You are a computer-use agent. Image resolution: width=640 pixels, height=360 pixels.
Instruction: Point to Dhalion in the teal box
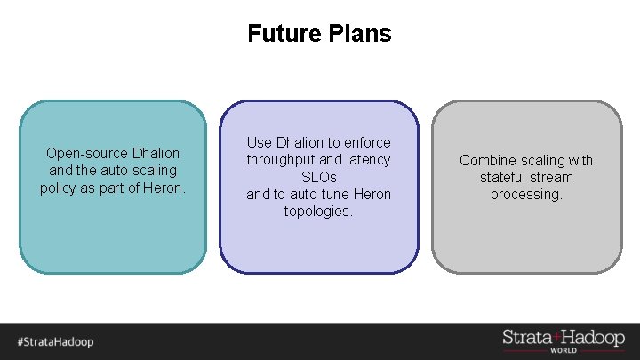pos(156,153)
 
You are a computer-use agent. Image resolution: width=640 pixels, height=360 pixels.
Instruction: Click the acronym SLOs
pos(319,177)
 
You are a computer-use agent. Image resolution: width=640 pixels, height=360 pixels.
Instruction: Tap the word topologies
pos(319,212)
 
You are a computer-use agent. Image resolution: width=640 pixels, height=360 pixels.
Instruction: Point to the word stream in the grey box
pos(555,177)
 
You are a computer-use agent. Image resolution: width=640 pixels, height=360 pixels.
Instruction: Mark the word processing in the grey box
pos(526,194)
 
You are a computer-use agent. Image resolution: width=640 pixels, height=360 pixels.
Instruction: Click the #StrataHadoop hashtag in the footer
pos(55,341)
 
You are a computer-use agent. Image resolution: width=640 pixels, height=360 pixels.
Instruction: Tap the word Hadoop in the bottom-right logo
pos(594,337)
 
